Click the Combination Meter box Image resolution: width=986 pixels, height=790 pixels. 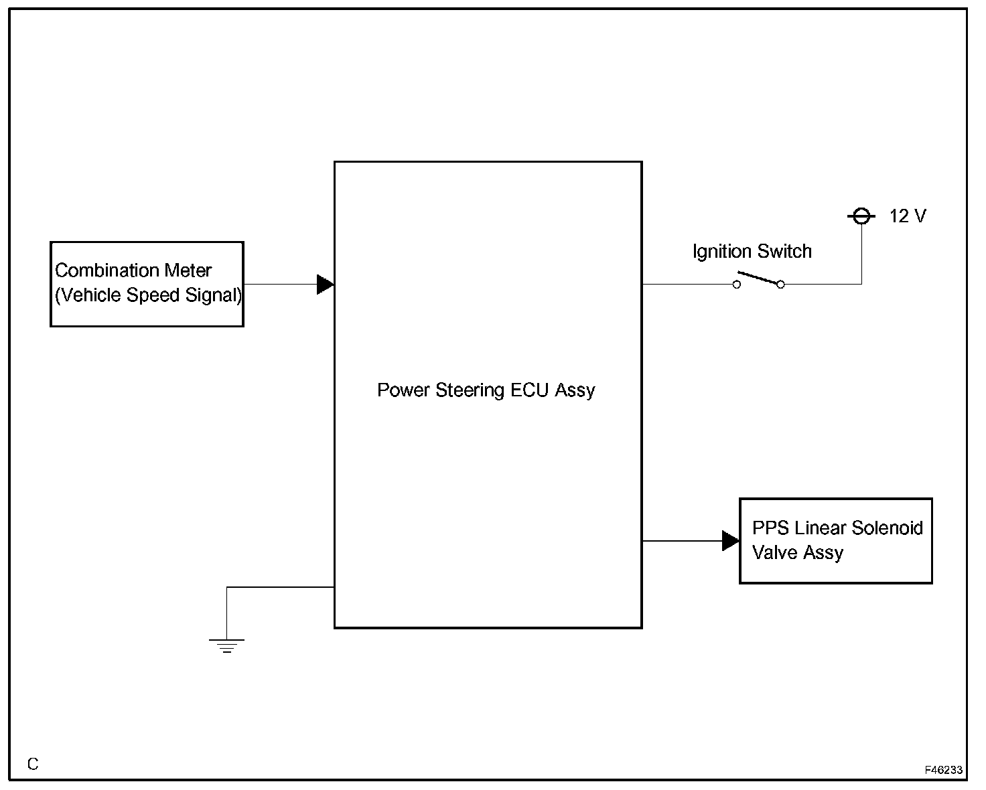tap(147, 284)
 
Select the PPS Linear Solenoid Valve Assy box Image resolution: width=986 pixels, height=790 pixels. tap(835, 541)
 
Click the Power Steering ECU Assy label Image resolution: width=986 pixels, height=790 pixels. tap(486, 390)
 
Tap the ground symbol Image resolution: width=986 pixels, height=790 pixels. tap(226, 645)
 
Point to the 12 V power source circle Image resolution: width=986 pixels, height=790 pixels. tap(861, 216)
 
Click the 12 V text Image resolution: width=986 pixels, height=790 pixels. tap(908, 216)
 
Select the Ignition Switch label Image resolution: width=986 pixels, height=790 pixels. tap(752, 252)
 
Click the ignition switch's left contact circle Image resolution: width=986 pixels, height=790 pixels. tap(737, 285)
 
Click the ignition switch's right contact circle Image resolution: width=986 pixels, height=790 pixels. tap(780, 285)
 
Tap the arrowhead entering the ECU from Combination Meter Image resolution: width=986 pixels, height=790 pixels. tap(325, 284)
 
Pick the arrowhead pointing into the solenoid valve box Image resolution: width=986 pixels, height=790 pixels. tap(730, 540)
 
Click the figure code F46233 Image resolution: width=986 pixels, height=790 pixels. tap(944, 771)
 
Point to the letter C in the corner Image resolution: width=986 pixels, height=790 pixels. tap(33, 764)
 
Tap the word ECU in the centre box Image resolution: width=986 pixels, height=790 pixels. tap(530, 390)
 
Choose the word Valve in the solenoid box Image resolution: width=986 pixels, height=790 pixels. tap(772, 553)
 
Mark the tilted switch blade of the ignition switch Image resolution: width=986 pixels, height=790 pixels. tap(758, 278)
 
